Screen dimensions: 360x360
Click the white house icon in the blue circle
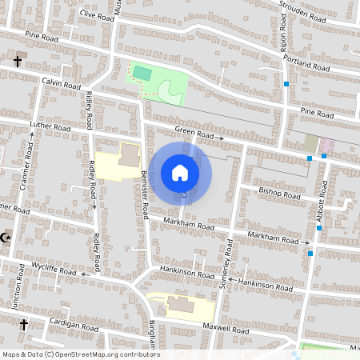coord(180,172)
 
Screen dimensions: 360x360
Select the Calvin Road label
coord(62,84)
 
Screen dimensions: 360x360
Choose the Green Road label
coord(195,134)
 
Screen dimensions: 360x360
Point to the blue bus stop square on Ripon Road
coord(286,83)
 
